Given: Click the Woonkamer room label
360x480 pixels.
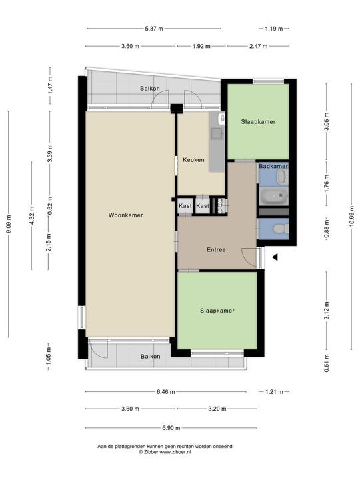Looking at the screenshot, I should (x=127, y=215).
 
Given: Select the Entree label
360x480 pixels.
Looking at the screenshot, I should (x=215, y=250).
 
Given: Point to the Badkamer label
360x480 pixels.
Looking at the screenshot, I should (x=273, y=166).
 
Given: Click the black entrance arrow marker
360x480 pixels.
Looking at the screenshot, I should (x=273, y=256).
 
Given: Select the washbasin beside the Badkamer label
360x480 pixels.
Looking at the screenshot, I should (x=281, y=177).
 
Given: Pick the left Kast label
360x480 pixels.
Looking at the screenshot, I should (x=185, y=207).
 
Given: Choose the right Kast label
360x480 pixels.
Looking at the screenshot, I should (x=203, y=207).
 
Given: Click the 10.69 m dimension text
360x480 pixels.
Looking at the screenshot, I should (x=352, y=215).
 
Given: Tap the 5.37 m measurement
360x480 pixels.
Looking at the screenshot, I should (x=153, y=29).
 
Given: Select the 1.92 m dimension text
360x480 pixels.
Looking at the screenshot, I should (x=201, y=46).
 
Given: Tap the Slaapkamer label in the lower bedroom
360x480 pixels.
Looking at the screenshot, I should (x=217, y=311).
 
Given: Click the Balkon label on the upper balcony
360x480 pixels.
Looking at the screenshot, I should (x=150, y=89).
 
